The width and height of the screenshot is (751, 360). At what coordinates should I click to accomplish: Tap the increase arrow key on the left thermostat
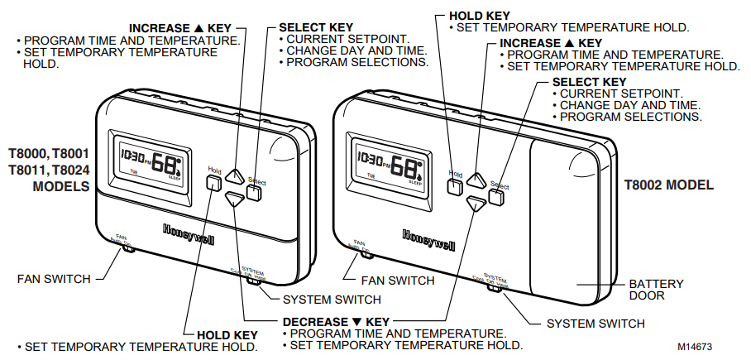[x=236, y=176]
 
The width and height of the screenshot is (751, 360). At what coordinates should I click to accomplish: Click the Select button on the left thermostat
[x=254, y=193]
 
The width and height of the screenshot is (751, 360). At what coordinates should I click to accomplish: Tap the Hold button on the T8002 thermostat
[x=454, y=186]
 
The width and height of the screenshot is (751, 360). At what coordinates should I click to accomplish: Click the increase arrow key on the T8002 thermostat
[x=476, y=178]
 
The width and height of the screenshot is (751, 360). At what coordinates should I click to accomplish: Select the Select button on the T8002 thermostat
[x=496, y=196]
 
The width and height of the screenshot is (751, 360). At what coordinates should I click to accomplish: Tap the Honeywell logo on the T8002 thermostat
[x=428, y=238]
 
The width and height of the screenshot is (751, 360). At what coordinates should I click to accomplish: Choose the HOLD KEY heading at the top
[x=478, y=15]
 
